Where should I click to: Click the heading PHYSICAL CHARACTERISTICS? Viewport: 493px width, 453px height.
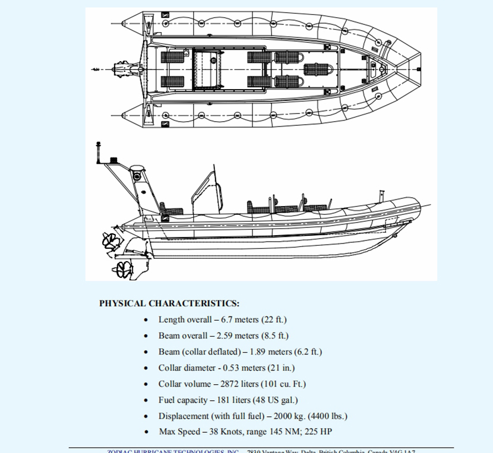point(169,303)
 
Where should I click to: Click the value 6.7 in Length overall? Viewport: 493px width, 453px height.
point(227,319)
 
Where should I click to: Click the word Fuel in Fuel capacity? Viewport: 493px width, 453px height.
point(168,400)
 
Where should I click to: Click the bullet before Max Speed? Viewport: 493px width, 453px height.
point(147,432)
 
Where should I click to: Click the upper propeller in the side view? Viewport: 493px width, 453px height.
point(110,240)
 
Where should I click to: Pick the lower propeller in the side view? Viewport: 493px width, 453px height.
point(122,269)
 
